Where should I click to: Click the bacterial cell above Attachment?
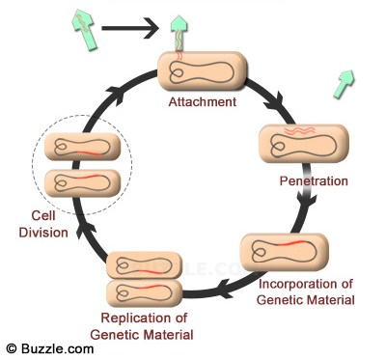pos(202,69)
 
